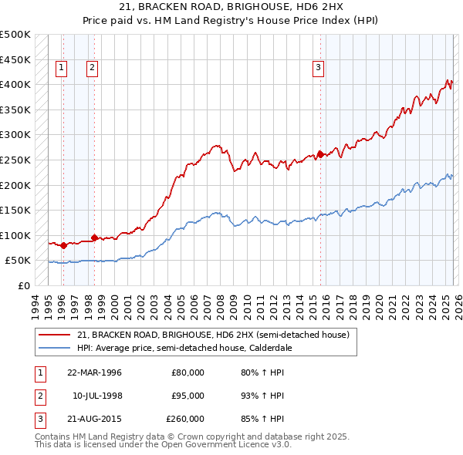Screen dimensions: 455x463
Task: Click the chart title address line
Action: point(231,7)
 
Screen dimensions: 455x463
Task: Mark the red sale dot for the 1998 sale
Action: point(94,238)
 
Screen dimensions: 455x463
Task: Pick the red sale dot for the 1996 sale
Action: point(63,245)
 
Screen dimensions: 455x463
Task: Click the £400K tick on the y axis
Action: point(16,84)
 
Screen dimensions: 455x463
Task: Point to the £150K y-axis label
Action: point(16,210)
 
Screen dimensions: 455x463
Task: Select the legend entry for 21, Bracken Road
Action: point(214,335)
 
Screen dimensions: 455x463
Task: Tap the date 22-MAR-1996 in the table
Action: point(94,372)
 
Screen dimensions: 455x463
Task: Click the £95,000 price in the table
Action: point(188,396)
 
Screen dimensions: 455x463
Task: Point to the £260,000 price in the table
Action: point(186,419)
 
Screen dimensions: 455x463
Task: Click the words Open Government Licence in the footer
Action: point(219,445)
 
